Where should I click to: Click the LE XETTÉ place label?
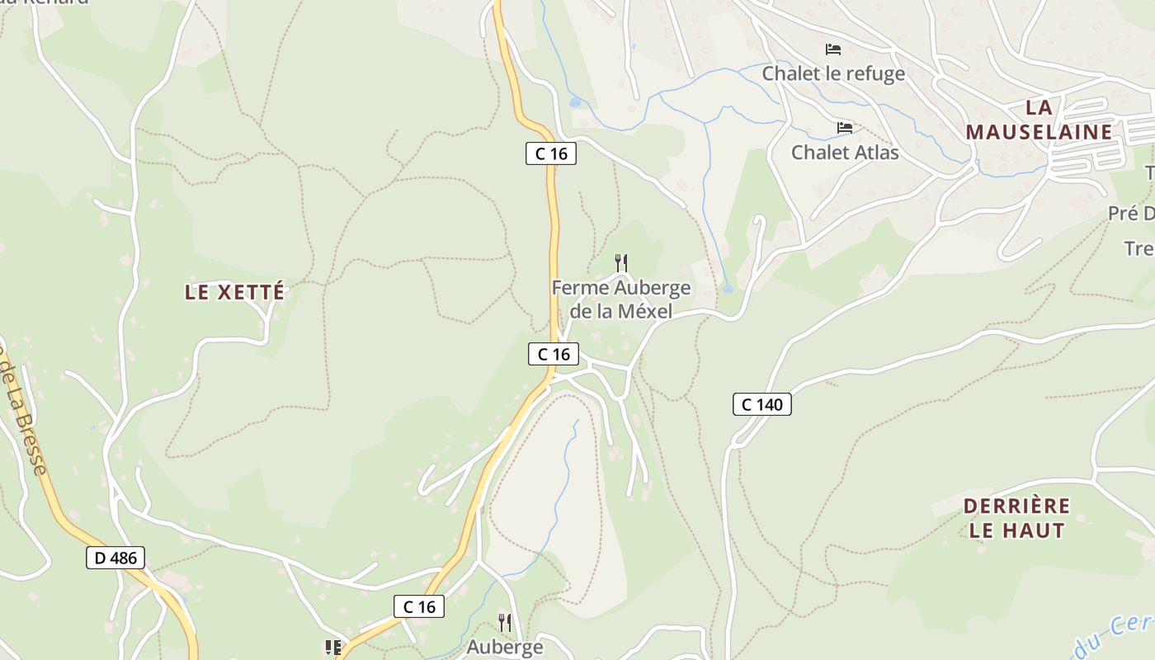click(x=234, y=292)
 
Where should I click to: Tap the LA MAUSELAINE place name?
click(x=1039, y=120)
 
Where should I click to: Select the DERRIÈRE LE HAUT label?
click(x=1016, y=517)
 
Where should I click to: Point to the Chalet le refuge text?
click(x=833, y=73)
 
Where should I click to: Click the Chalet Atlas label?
click(x=845, y=152)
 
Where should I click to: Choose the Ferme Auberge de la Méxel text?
click(x=620, y=299)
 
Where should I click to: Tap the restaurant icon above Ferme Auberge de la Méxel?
click(x=621, y=263)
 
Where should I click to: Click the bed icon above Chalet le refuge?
click(x=833, y=49)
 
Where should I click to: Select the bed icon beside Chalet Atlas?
click(x=845, y=128)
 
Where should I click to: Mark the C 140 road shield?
click(x=761, y=404)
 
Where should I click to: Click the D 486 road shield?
click(x=115, y=558)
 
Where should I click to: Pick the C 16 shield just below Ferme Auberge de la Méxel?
click(x=554, y=354)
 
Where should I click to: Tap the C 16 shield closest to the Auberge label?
click(x=419, y=606)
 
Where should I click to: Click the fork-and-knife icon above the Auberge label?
click(x=505, y=622)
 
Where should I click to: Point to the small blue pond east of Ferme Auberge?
click(x=727, y=289)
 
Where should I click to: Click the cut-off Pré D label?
click(x=1131, y=214)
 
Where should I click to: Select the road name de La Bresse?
click(x=25, y=412)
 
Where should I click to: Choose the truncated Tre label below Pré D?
click(x=1138, y=248)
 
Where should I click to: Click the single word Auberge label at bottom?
click(x=505, y=647)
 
